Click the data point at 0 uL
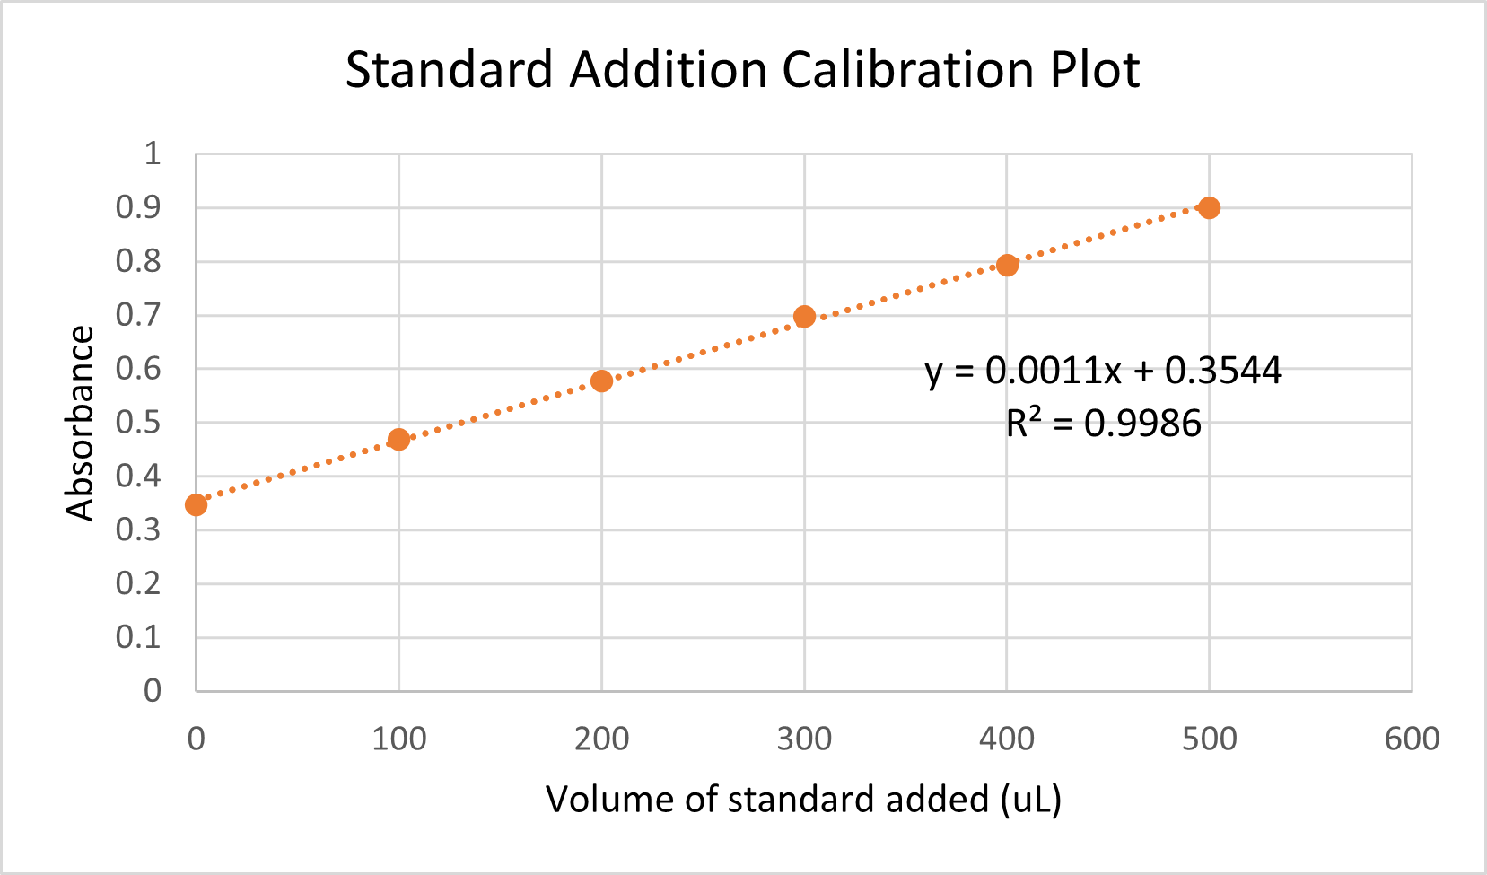[196, 504]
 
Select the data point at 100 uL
[398, 439]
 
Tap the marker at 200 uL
[601, 381]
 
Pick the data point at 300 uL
[804, 316]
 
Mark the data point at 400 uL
[1007, 265]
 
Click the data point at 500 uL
[1209, 207]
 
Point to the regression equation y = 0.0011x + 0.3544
[1103, 370]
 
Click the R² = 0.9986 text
[1103, 423]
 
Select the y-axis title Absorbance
[80, 423]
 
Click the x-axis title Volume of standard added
[803, 799]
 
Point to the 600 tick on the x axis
[1412, 739]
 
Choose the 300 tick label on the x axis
[804, 739]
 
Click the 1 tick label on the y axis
[153, 153]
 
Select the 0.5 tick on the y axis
[138, 422]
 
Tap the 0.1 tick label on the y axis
[138, 637]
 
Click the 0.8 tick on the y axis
[138, 261]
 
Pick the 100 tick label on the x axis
[398, 739]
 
